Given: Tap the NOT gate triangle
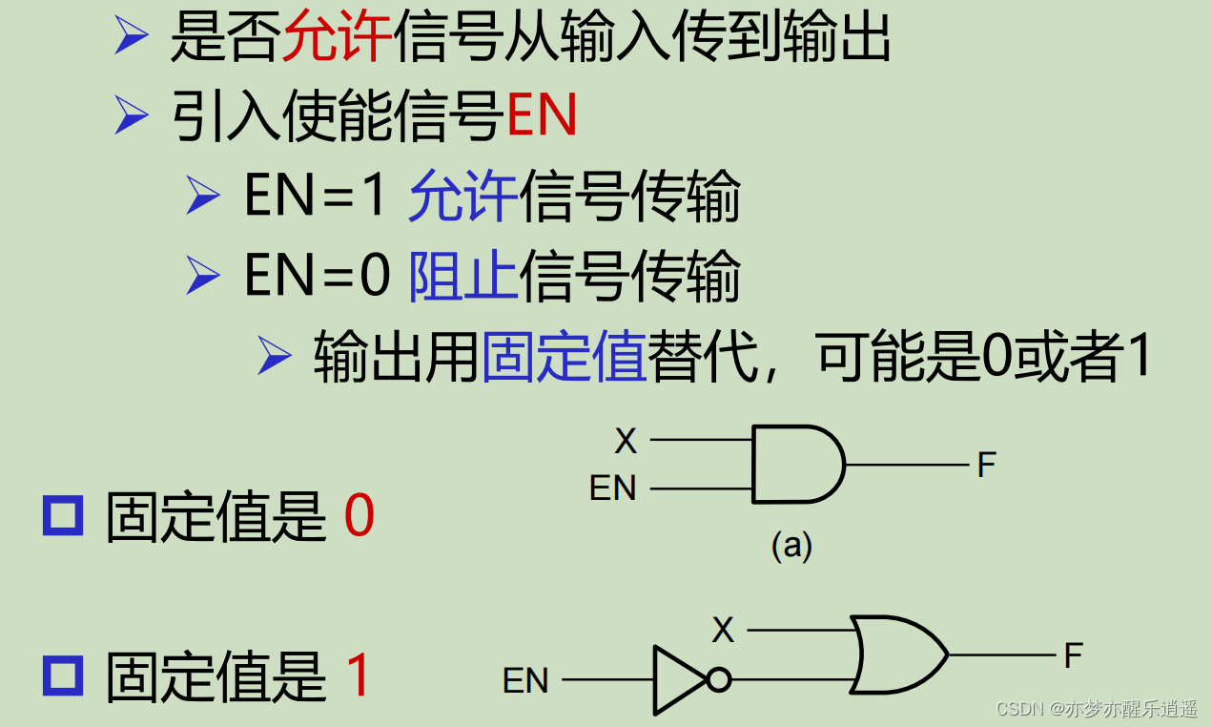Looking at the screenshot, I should tap(678, 680).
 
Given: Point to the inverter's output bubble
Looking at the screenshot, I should tap(719, 680).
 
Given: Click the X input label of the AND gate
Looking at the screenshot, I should tap(625, 441).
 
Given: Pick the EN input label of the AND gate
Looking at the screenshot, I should tap(612, 488).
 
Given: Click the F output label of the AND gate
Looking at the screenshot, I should tap(986, 466).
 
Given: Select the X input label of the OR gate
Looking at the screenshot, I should tap(723, 630).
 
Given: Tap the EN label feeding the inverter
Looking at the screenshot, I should tap(525, 681).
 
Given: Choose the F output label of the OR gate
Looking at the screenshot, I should tap(1074, 655).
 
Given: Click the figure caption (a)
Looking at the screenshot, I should tap(791, 545).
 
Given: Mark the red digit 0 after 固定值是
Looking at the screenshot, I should tap(359, 518).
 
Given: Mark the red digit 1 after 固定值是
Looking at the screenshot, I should tap(358, 676).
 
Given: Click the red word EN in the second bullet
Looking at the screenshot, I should tap(542, 117).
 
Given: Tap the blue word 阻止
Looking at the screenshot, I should tap(463, 277).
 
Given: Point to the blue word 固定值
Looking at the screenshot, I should tap(565, 357).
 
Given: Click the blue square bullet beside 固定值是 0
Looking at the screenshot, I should tap(63, 516).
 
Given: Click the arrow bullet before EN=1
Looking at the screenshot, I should tap(203, 197).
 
